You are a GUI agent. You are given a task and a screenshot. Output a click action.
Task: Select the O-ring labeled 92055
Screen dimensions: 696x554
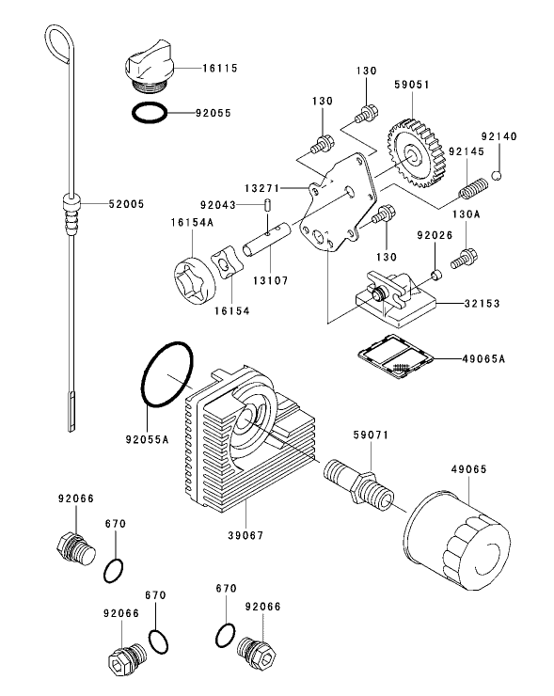(x=150, y=113)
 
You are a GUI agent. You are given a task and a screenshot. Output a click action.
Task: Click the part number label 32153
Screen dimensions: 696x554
(x=481, y=304)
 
